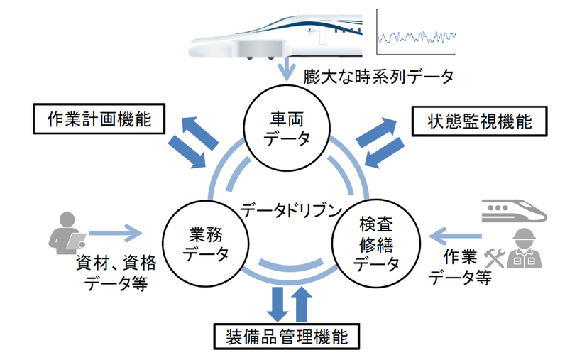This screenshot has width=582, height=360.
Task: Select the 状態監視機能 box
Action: coord(481,121)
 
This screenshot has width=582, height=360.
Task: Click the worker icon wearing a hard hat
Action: coord(525,249)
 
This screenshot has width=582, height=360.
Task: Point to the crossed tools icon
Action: coord(494,258)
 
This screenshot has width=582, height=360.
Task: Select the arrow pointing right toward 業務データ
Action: coord(116,231)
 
